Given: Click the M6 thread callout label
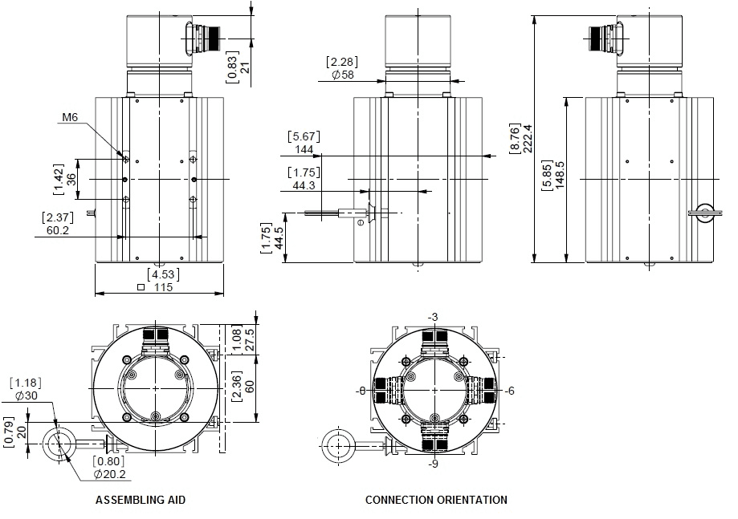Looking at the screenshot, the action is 70,117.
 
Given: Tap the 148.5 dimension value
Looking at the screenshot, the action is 560,174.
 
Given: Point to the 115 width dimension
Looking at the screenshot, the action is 163,286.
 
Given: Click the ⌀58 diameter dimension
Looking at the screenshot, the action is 343,75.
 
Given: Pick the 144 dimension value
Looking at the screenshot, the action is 304,149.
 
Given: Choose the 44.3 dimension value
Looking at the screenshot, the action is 304,185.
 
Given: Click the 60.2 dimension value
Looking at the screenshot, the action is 58,230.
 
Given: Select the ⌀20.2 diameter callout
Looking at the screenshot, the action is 110,474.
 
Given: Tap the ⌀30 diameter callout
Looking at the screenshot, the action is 27,395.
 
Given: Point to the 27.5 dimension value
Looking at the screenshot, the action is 250,339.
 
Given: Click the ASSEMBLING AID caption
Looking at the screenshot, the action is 141,500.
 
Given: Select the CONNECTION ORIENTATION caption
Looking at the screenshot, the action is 436,500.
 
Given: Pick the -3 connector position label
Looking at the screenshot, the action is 433,317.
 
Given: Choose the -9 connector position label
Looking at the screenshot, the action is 434,464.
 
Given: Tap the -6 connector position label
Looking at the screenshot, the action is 509,390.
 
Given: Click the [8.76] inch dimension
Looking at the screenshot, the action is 515,138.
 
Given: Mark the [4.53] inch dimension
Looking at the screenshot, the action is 163,274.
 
